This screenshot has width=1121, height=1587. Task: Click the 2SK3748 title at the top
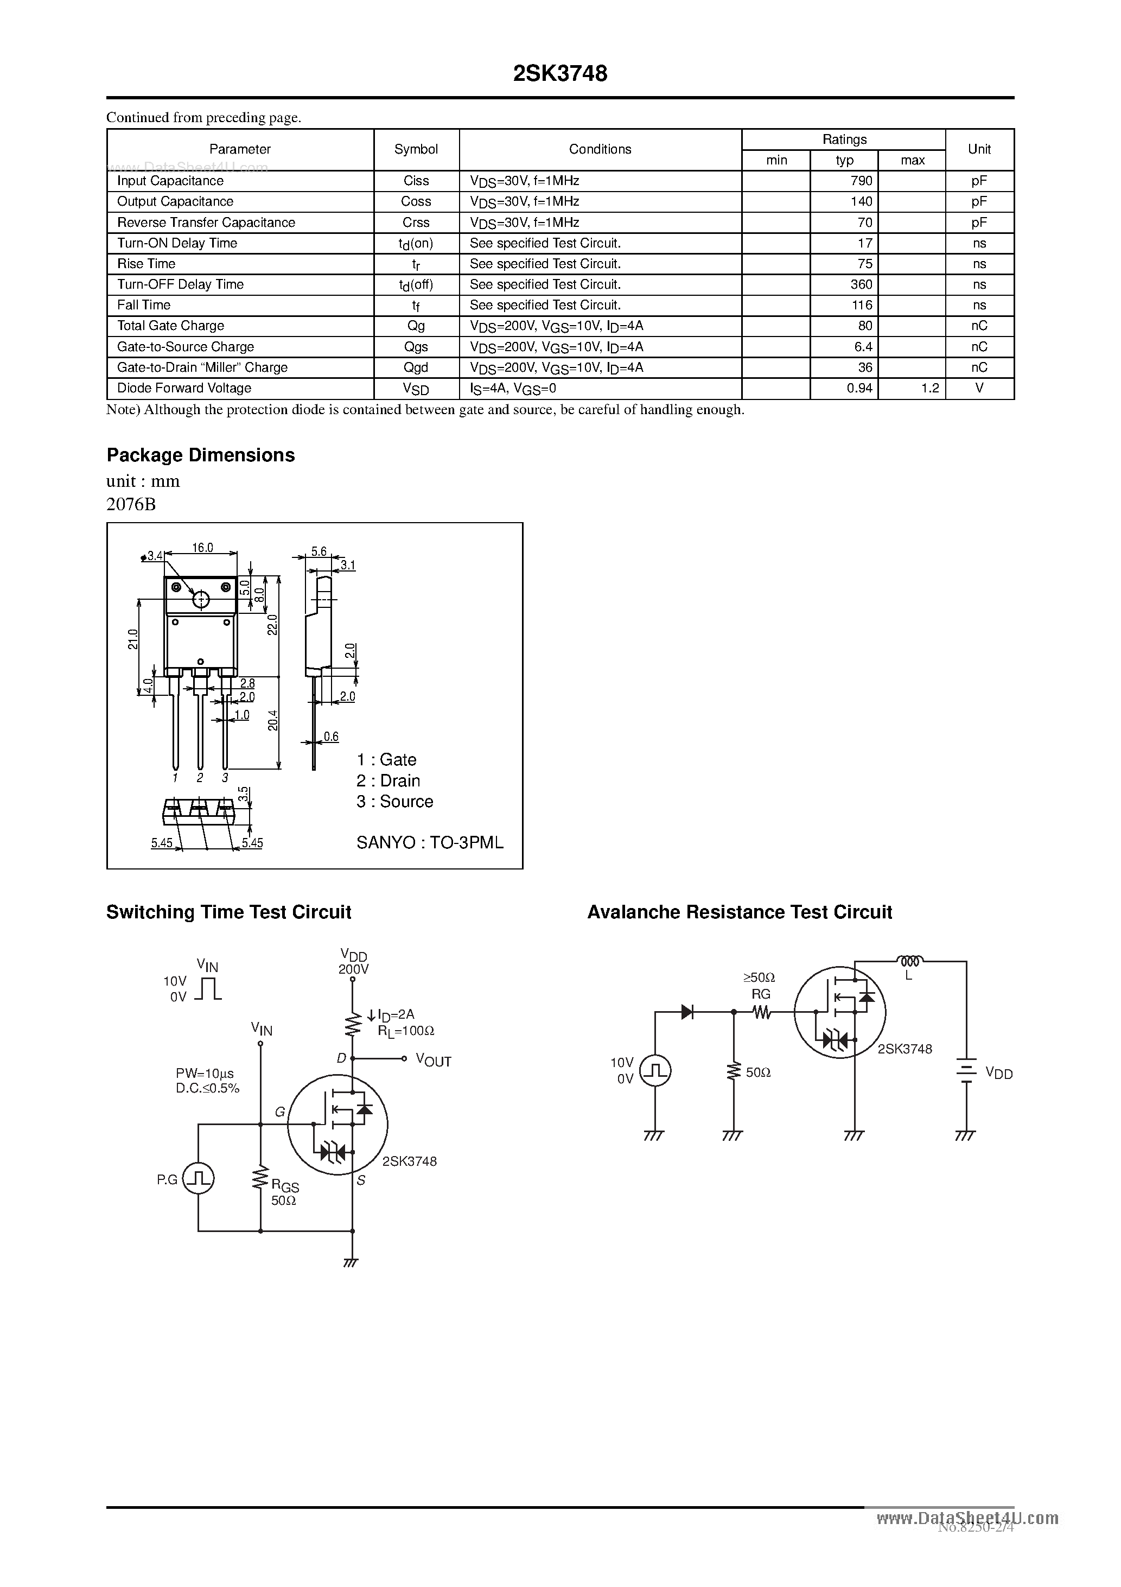coord(560,73)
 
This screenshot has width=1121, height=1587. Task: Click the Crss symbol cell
coord(416,223)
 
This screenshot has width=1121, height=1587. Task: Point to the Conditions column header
coord(600,149)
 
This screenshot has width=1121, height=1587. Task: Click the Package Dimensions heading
coord(200,455)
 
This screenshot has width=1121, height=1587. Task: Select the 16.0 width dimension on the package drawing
coord(202,548)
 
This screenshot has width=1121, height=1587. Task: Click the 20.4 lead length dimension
coord(273,720)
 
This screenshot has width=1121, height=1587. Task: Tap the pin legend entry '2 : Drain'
coord(388,780)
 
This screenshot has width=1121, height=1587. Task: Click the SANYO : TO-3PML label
coord(429,842)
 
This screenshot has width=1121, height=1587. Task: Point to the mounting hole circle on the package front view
coord(200,599)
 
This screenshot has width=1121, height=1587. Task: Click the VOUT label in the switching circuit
coord(434,1061)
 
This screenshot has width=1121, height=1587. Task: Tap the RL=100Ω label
coord(406,1031)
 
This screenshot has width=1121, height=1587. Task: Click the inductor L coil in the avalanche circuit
coord(909,961)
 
